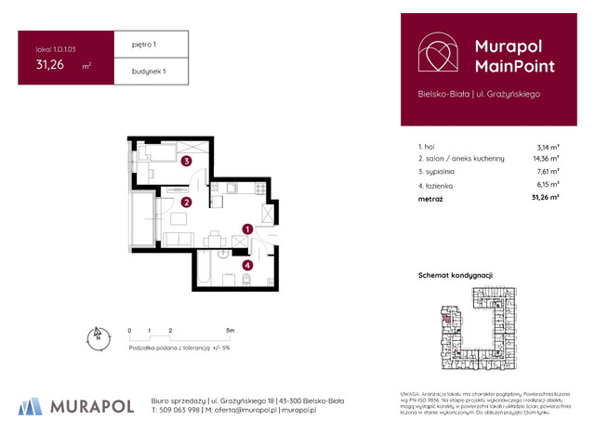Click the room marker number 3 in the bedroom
click(187, 161)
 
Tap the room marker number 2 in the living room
click(187, 202)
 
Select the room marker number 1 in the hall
click(247, 228)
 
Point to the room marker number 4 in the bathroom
click(247, 265)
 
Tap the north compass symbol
click(95, 337)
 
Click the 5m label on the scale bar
click(230, 330)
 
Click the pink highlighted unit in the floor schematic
click(445, 319)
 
